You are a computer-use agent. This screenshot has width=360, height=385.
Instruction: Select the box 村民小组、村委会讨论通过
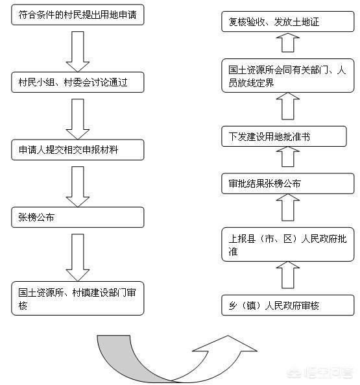coord(77,82)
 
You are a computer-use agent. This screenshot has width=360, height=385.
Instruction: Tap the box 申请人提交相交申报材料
coord(77,149)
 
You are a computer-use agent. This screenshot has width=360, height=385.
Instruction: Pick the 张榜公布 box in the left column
coord(77,217)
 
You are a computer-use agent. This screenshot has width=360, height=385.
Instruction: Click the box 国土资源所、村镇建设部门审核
coord(77,298)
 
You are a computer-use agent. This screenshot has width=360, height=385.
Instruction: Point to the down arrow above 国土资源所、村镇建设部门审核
coord(78,255)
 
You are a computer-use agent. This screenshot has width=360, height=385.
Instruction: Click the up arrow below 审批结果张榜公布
coord(288,208)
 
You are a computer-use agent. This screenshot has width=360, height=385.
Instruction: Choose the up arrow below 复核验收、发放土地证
coord(288,43)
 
